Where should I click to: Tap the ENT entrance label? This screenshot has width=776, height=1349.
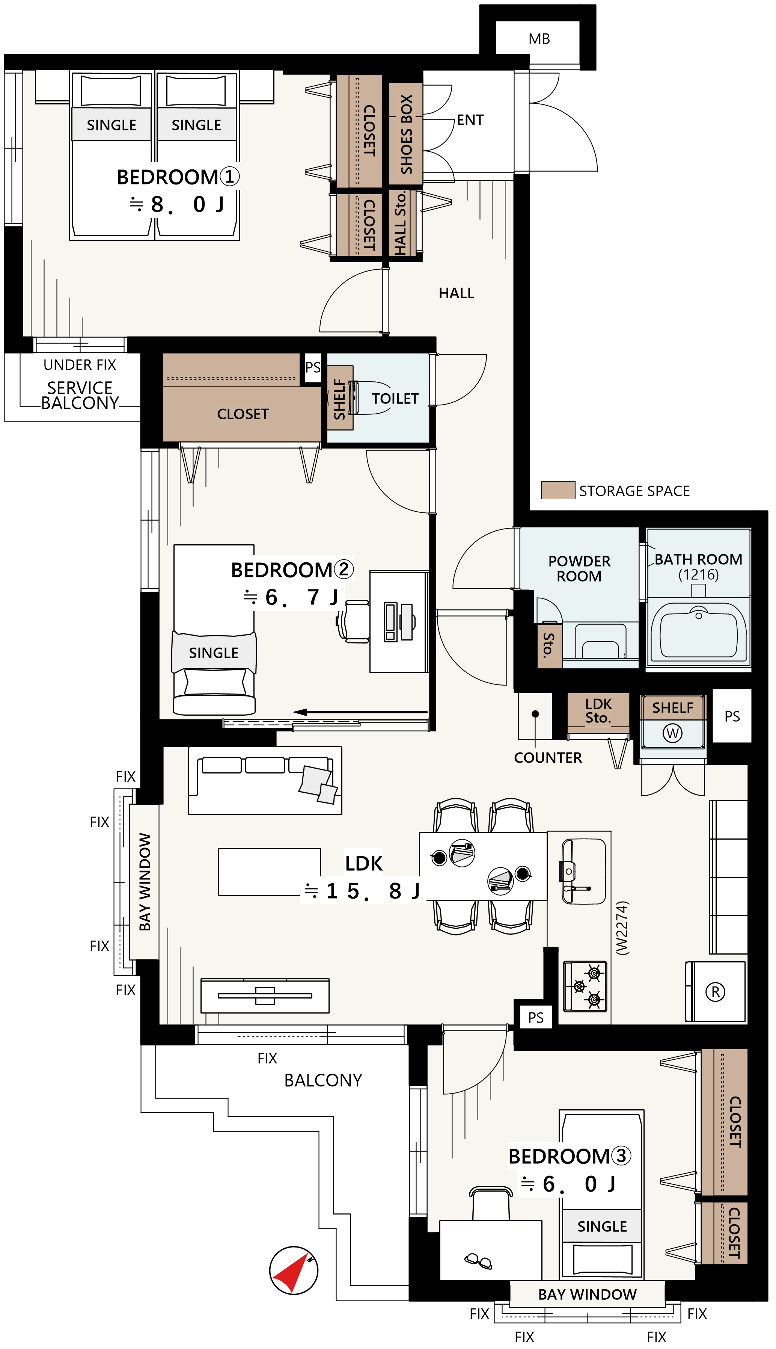pyautogui.click(x=470, y=120)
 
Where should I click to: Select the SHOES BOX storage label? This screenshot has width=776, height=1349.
pyautogui.click(x=406, y=134)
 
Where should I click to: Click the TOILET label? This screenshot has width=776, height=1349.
pyautogui.click(x=395, y=399)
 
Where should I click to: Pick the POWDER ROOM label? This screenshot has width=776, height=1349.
pyautogui.click(x=579, y=568)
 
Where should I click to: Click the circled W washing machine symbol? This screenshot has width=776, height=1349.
pyautogui.click(x=673, y=734)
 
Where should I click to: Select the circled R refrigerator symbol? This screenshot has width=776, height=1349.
pyautogui.click(x=715, y=992)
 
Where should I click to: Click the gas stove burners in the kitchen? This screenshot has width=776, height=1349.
pyautogui.click(x=585, y=986)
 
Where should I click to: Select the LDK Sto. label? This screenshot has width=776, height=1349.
pyautogui.click(x=598, y=711)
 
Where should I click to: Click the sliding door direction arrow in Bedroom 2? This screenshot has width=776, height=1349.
pyautogui.click(x=360, y=712)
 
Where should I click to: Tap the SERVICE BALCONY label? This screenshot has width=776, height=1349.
pyautogui.click(x=80, y=395)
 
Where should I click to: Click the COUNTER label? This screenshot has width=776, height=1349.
pyautogui.click(x=548, y=758)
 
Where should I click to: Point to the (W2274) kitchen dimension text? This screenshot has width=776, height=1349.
pyautogui.click(x=622, y=928)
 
